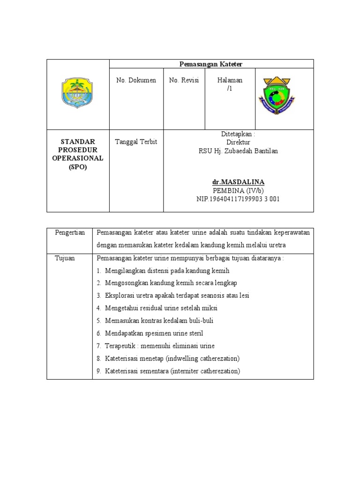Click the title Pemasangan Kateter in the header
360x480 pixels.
click(x=211, y=64)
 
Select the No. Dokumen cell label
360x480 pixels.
click(x=136, y=81)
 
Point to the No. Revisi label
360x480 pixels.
click(x=184, y=81)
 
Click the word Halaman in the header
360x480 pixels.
click(x=230, y=81)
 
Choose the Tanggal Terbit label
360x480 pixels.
click(x=136, y=142)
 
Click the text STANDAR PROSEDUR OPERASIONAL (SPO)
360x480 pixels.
click(x=78, y=154)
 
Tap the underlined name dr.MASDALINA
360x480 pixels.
click(x=238, y=182)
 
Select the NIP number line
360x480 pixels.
click(x=238, y=199)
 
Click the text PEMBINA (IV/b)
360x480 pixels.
click(x=238, y=190)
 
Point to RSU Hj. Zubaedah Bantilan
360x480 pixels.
click(x=238, y=151)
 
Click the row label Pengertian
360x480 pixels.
click(x=69, y=233)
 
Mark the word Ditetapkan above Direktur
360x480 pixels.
click(x=236, y=134)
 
